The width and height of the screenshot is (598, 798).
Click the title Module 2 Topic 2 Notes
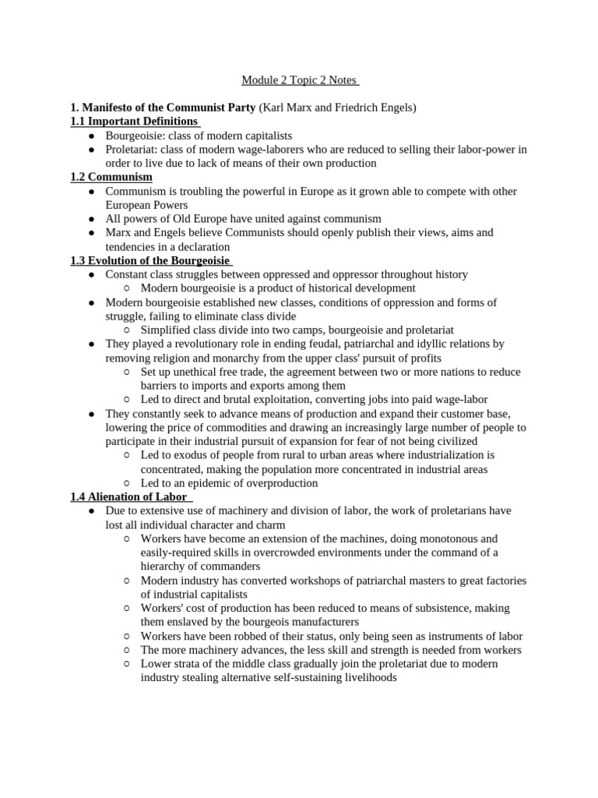pyautogui.click(x=299, y=80)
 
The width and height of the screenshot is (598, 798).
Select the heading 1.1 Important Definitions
pyautogui.click(x=133, y=122)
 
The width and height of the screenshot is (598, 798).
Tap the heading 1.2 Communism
pyautogui.click(x=111, y=178)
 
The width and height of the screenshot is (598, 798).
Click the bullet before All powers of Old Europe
pyautogui.click(x=91, y=220)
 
